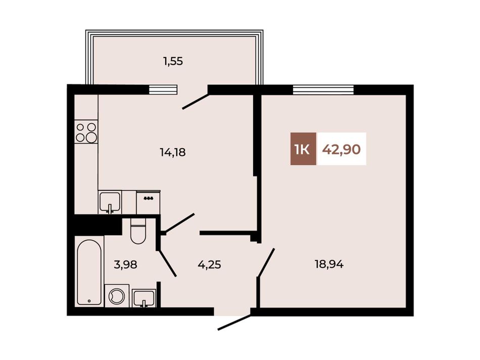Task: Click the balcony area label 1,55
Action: pyautogui.click(x=173, y=62)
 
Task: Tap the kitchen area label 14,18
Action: pyautogui.click(x=173, y=152)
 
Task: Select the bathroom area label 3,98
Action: pyautogui.click(x=125, y=264)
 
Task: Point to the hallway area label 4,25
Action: pyautogui.click(x=209, y=264)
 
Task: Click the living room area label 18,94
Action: pyautogui.click(x=329, y=264)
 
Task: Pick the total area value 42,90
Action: pyautogui.click(x=342, y=149)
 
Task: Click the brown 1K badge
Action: pyautogui.click(x=303, y=149)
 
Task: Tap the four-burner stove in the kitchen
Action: pyautogui.click(x=86, y=132)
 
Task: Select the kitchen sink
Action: pyautogui.click(x=110, y=201)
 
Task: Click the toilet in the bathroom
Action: pyautogui.click(x=137, y=231)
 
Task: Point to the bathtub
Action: pyautogui.click(x=89, y=272)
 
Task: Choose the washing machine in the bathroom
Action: pyautogui.click(x=117, y=295)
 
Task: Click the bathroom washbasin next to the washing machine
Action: pyautogui.click(x=143, y=298)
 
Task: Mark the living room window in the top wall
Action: pyautogui.click(x=323, y=89)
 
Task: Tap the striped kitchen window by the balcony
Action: pyautogui.click(x=163, y=89)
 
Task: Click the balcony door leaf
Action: pyautogui.click(x=196, y=101)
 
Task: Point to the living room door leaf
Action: pyautogui.click(x=266, y=264)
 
